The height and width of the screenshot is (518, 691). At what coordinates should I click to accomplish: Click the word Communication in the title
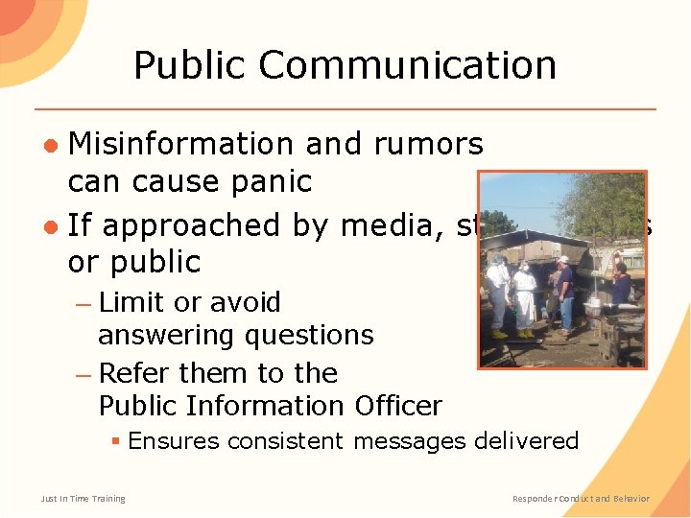point(407,65)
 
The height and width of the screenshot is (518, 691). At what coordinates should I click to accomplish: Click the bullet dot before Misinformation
point(54,145)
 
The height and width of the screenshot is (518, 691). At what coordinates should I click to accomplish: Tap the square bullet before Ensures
point(114,441)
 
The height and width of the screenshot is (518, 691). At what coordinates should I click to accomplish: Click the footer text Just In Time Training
point(83,499)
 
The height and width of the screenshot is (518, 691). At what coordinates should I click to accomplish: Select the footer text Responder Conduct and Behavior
point(581,499)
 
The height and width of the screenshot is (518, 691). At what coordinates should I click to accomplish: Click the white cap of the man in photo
point(562,259)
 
